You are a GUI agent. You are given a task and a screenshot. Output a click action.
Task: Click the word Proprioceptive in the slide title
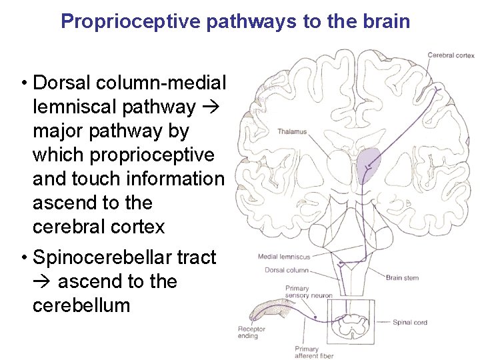131,21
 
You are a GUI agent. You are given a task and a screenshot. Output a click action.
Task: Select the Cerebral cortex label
451,55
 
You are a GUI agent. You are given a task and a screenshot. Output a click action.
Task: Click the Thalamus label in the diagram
292,131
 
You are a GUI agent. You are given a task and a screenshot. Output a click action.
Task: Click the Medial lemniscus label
284,257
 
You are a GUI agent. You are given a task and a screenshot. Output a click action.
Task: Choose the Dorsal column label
287,270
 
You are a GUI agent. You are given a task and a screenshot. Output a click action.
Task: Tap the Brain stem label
402,277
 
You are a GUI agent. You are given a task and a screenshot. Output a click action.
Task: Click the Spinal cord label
409,323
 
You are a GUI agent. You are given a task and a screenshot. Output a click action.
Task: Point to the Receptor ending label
251,332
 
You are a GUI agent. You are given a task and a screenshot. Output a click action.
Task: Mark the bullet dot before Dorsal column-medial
23,83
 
